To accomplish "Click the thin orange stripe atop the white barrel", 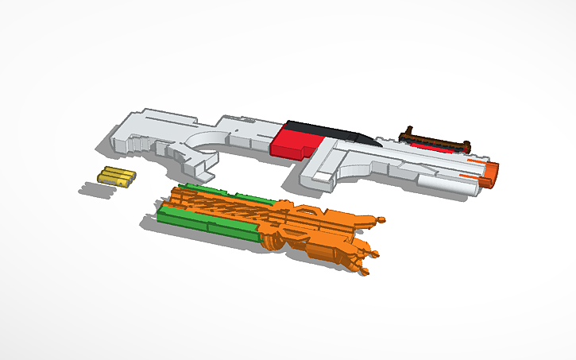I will tap(475, 161).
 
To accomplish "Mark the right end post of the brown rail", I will tap(468, 146).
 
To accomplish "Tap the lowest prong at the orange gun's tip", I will tap(364, 272).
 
